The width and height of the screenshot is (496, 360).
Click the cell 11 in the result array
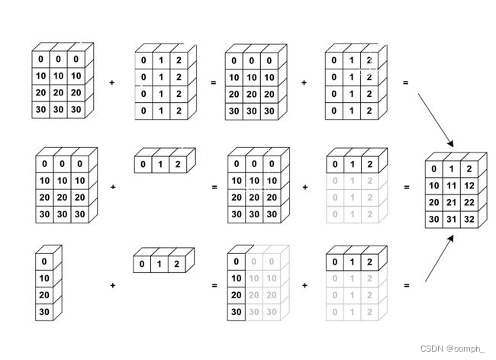tap(450, 186)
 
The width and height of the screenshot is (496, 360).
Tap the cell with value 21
tap(450, 203)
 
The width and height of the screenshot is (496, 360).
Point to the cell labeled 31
tap(450, 220)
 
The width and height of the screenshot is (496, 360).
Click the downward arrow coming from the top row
tap(436, 120)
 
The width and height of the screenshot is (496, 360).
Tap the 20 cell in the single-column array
tap(44, 295)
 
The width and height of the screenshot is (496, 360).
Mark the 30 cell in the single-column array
tap(44, 312)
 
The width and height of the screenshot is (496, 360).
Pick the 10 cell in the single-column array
tap(44, 278)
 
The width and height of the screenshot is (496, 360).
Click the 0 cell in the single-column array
tap(44, 262)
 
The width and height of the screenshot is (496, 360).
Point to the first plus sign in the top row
tap(113, 82)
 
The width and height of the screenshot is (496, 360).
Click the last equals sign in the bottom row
tap(406, 285)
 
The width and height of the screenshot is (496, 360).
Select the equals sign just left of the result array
tap(406, 187)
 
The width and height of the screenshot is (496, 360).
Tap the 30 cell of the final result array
tap(433, 220)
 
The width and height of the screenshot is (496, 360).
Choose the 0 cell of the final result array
tap(433, 169)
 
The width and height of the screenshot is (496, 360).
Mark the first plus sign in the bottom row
tap(113, 285)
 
